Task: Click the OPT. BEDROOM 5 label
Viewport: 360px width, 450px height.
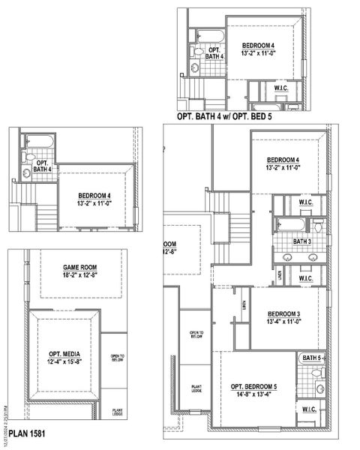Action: click(x=253, y=385)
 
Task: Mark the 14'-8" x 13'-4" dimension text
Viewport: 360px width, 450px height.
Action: click(x=253, y=394)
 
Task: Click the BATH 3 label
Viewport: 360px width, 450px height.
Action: click(x=302, y=241)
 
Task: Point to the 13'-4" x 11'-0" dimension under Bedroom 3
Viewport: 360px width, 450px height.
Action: click(x=283, y=323)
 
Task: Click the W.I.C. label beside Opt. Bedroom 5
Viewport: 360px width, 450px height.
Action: click(x=309, y=409)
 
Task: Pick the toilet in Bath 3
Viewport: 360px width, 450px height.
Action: click(x=318, y=226)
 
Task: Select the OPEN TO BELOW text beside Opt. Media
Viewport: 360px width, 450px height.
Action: click(x=117, y=358)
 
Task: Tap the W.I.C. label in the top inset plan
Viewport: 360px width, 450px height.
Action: click(x=282, y=87)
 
